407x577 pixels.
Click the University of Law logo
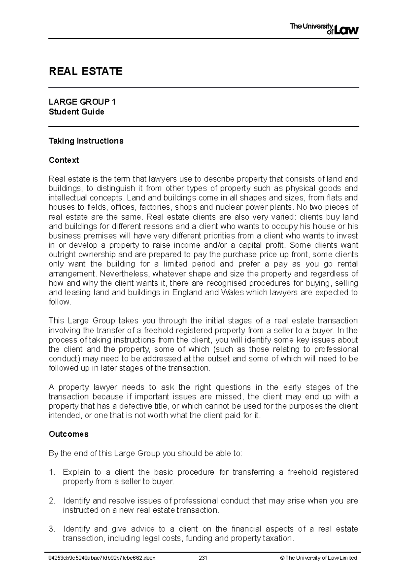(x=324, y=29)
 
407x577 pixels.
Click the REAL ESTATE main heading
(x=85, y=71)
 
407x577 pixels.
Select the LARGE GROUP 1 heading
(x=82, y=102)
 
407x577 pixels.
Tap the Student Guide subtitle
(x=76, y=112)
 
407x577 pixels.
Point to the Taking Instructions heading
(x=86, y=141)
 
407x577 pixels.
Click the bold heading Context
(x=64, y=160)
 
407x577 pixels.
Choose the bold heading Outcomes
(x=69, y=434)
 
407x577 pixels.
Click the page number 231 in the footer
(x=203, y=558)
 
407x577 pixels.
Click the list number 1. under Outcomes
(x=52, y=472)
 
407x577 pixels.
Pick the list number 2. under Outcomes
(x=52, y=501)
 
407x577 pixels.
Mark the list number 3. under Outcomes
(x=52, y=529)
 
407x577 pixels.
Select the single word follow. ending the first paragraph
(x=60, y=302)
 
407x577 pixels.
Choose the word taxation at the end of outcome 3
(x=279, y=539)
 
